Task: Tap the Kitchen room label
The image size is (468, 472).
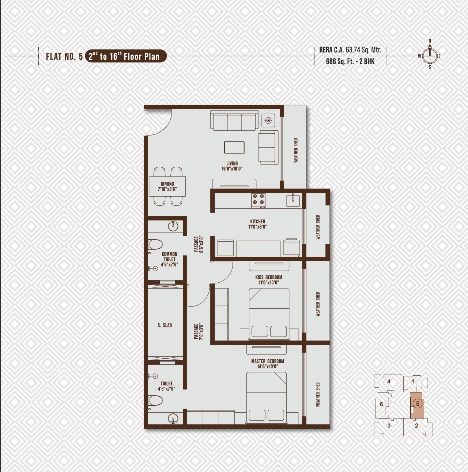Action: click(x=258, y=222)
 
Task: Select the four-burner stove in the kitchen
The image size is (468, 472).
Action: click(x=258, y=201)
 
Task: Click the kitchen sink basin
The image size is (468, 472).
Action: click(x=293, y=201)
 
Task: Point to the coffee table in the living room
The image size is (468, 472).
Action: click(x=234, y=148)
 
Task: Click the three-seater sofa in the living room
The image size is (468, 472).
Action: click(x=234, y=120)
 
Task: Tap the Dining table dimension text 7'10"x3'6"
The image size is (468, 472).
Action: click(x=167, y=189)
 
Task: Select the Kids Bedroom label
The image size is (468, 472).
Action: click(x=269, y=277)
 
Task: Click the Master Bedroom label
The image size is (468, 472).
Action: click(x=268, y=361)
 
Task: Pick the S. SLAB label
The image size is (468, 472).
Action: click(x=165, y=325)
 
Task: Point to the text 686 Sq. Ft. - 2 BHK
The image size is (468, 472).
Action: click(x=350, y=61)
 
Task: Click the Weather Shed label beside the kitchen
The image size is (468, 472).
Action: click(x=318, y=227)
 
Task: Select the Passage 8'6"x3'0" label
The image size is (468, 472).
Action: click(x=199, y=244)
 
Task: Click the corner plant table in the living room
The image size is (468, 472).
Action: click(x=268, y=120)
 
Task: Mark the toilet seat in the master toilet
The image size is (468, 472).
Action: click(x=155, y=401)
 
